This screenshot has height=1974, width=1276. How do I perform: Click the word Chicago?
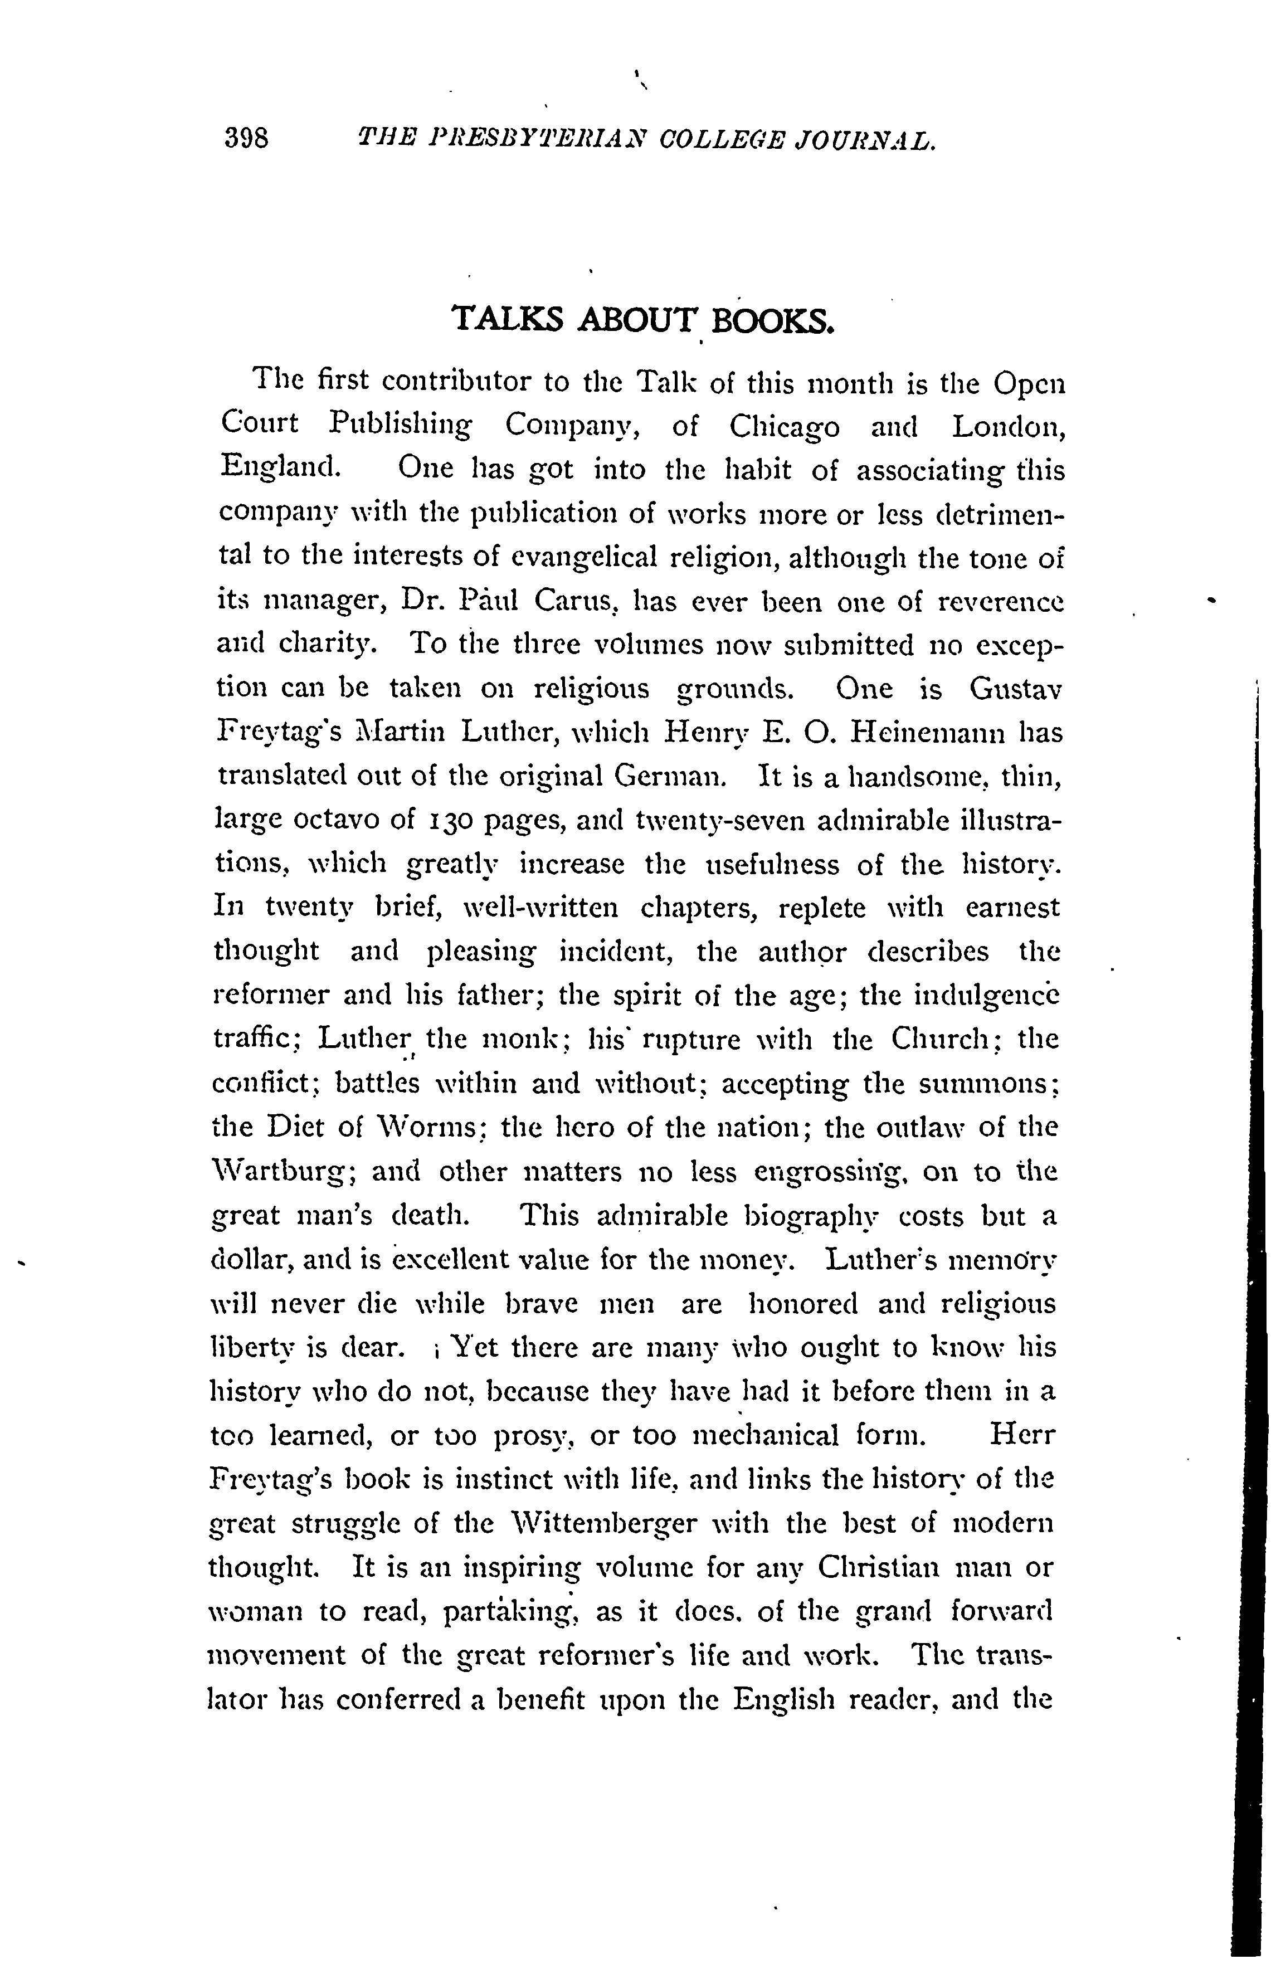[x=784, y=427]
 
